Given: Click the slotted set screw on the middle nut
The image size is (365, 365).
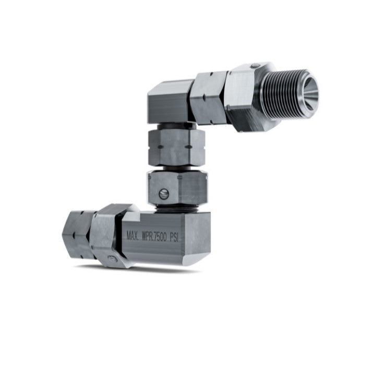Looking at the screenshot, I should coord(163,195).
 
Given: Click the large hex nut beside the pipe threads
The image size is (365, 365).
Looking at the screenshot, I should coord(245,96).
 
